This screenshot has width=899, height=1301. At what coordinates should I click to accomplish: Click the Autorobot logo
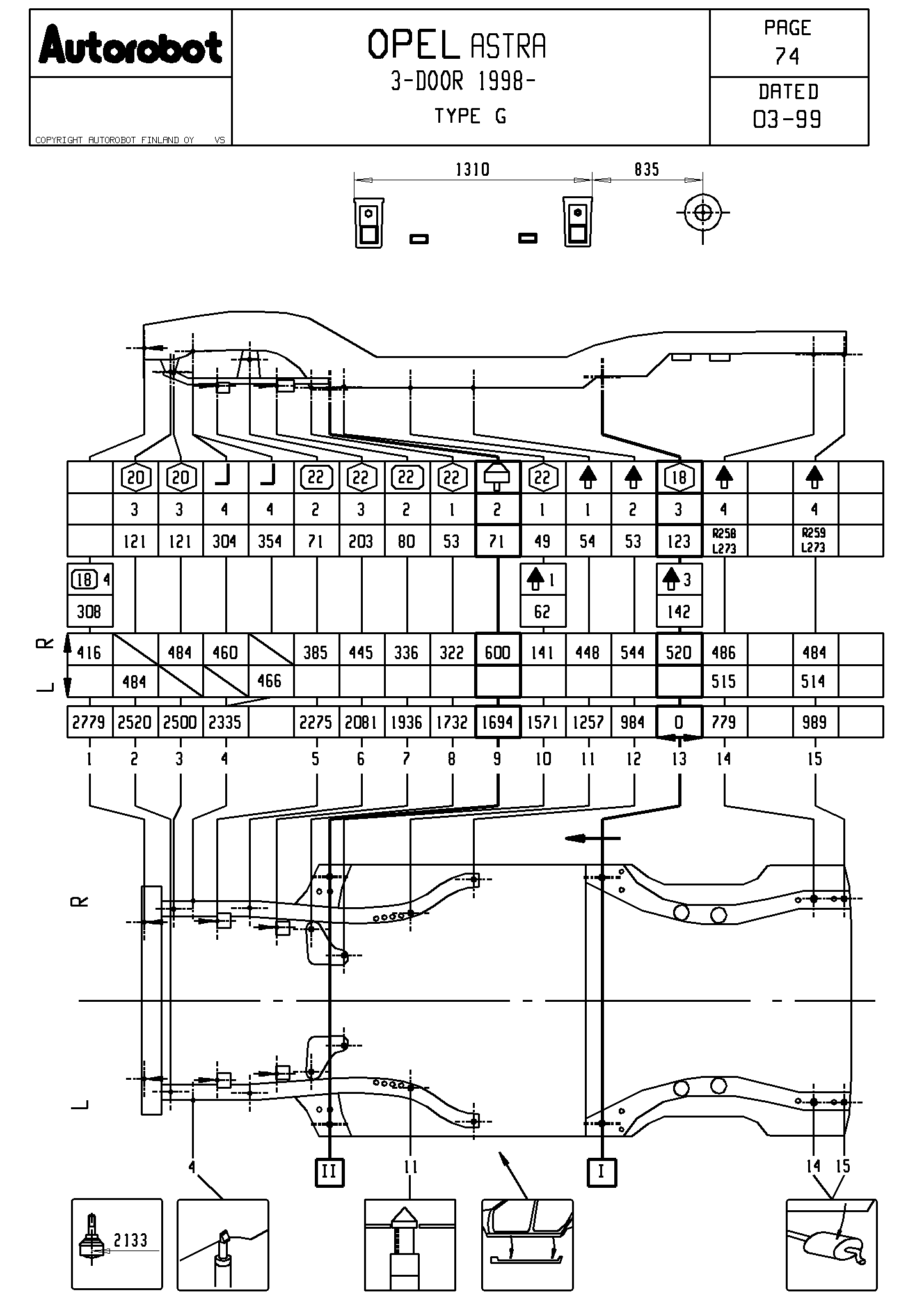[131, 45]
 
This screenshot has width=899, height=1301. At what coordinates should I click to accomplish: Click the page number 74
[787, 57]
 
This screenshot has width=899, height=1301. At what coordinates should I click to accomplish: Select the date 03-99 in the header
[787, 119]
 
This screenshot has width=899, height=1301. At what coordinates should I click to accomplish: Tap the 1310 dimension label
[472, 169]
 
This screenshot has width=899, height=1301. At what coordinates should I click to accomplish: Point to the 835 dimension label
[646, 169]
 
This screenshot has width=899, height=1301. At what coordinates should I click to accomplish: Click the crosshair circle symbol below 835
[703, 213]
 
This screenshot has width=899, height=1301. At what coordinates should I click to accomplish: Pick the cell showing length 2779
[89, 722]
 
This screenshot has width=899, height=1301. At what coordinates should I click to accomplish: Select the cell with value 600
[497, 652]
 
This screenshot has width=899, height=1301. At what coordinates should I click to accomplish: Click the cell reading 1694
[497, 722]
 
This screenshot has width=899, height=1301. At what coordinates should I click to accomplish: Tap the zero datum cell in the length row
[679, 722]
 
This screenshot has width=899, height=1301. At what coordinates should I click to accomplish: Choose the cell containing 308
[89, 612]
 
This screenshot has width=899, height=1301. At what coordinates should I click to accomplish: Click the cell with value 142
[679, 612]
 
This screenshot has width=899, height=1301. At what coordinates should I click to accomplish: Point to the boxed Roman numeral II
[329, 1172]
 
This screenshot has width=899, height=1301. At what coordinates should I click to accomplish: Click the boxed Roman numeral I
[601, 1172]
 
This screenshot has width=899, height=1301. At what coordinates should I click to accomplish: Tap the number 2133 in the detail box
[131, 1240]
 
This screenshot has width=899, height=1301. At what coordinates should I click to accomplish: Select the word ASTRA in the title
[509, 46]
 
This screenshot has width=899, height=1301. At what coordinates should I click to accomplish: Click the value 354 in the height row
[270, 541]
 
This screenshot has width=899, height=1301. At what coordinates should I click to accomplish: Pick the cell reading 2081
[361, 722]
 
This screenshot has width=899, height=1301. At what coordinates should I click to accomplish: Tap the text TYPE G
[470, 116]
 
